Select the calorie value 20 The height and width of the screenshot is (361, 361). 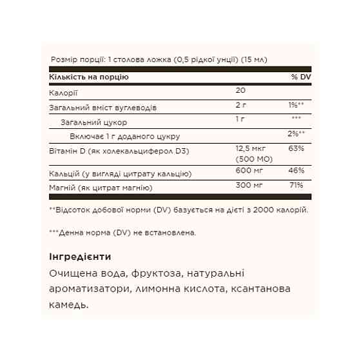click(x=240, y=92)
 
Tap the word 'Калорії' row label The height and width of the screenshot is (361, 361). click(x=63, y=93)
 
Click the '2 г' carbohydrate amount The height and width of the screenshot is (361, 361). click(x=241, y=106)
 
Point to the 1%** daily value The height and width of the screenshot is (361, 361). click(x=297, y=106)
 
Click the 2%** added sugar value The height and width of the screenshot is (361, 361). click(x=297, y=134)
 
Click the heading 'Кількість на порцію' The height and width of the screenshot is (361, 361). click(x=89, y=77)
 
